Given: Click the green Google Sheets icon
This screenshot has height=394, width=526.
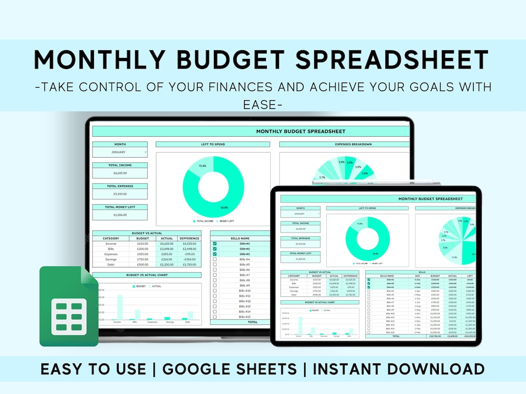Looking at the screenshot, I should pos(68,306).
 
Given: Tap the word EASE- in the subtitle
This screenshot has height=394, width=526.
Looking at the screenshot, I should pos(263,104).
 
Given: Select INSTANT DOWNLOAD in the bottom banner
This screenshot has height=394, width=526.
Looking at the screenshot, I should pos(398,369).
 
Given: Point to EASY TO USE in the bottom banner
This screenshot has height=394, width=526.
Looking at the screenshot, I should pos(93,369).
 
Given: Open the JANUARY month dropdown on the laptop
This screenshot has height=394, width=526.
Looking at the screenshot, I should pos(120,152).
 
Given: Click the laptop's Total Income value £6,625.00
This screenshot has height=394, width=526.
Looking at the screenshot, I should pos(120,173).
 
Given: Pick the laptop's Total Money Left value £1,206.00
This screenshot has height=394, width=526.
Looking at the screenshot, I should pos(120,215).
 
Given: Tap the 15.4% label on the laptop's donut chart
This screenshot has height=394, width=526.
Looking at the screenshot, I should pos(203,166).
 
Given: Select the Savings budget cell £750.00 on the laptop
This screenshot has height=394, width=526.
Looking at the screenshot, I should pos(143,259).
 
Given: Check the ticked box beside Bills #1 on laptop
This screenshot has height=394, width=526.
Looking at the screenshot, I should pos(215,244).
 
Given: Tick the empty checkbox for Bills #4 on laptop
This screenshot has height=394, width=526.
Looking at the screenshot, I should pos(215,259).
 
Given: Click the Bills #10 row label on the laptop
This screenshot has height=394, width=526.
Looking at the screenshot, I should pos(244,291).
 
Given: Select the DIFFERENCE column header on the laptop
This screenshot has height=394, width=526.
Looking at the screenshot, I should pos(189,238).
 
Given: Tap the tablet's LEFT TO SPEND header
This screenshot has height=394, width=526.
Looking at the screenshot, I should pos(368,208).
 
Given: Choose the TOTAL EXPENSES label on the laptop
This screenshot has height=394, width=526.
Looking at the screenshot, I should pos(120,186).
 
